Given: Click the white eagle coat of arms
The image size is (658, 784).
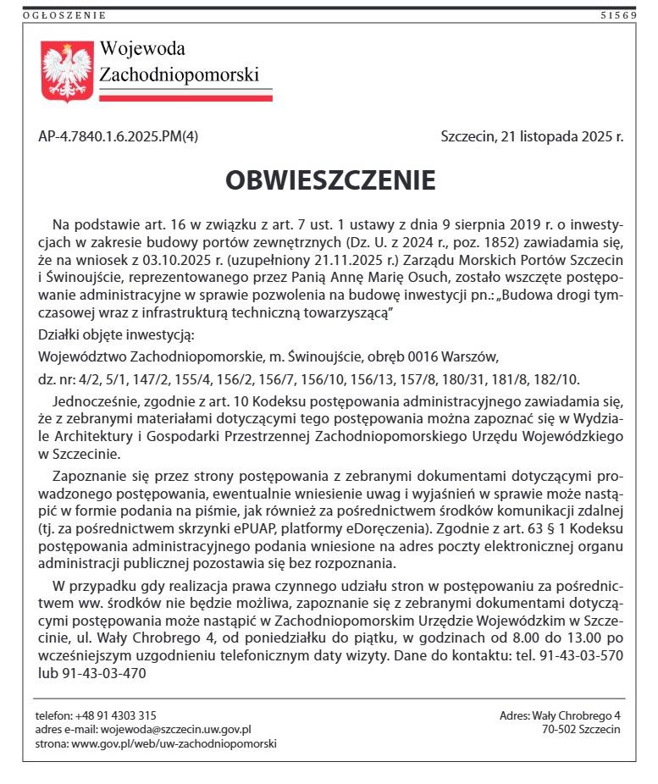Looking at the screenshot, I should click(67, 71).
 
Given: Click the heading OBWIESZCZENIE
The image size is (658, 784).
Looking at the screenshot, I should click(330, 180).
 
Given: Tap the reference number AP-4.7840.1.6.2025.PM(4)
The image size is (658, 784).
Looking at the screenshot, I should click(119, 135).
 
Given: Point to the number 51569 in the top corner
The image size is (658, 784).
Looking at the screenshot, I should click(618, 14).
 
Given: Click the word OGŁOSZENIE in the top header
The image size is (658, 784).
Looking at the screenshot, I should click(64, 14).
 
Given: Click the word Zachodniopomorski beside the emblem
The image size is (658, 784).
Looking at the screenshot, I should click(179, 75).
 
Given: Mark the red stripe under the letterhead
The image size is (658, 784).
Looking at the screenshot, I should click(185, 98).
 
